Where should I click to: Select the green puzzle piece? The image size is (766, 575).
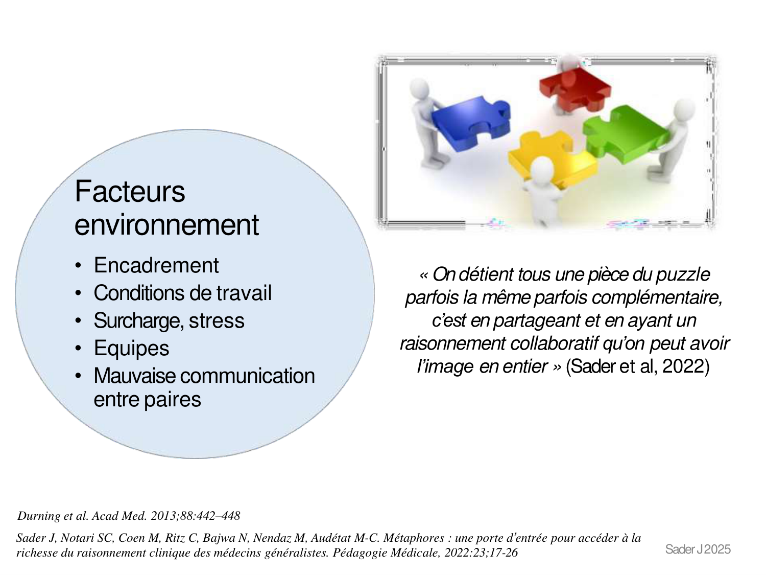[625, 134]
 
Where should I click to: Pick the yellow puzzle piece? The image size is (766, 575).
[552, 157]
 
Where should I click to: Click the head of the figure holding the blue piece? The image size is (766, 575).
[419, 88]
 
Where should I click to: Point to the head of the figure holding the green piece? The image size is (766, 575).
[684, 109]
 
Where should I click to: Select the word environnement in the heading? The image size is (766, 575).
[167, 225]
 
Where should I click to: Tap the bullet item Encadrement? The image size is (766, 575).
[156, 265]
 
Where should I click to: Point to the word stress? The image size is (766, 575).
[217, 320]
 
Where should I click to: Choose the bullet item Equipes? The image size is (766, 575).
[132, 348]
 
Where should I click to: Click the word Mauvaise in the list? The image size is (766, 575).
[135, 376]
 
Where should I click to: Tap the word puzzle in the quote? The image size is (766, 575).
[683, 275]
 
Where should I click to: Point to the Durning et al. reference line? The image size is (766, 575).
[129, 516]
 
